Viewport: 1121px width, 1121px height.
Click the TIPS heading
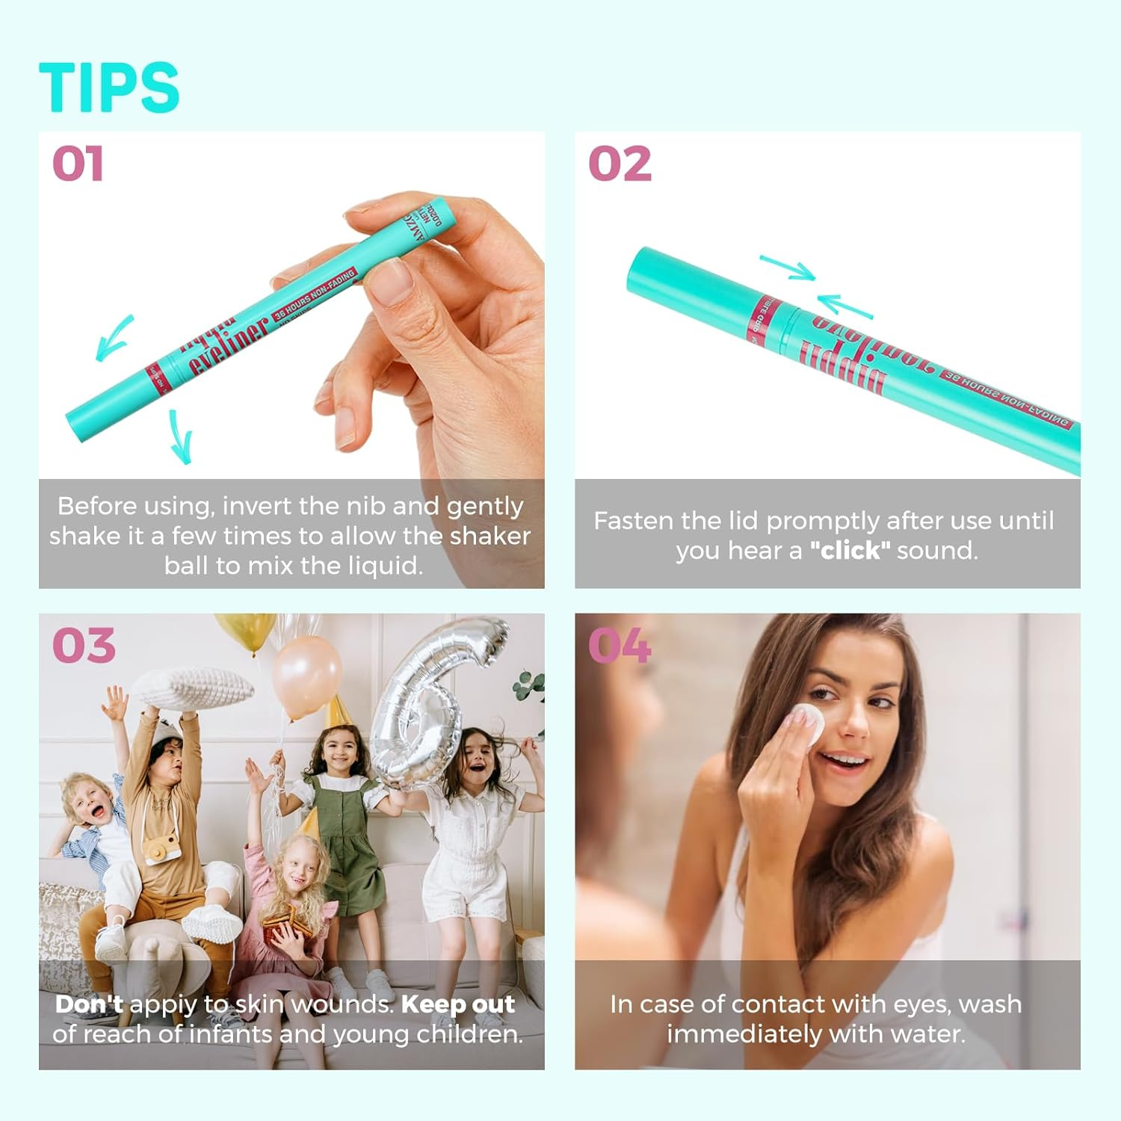[x=109, y=87]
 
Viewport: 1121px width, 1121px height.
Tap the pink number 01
[x=78, y=164]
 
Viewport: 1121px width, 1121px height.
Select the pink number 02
[x=620, y=164]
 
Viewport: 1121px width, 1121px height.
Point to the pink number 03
[x=84, y=646]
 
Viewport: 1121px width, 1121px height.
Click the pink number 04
[x=620, y=646]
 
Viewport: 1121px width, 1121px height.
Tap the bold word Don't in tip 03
[x=89, y=1004]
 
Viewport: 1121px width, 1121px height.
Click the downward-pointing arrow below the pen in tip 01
[x=181, y=437]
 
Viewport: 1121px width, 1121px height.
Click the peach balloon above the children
[x=306, y=676]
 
